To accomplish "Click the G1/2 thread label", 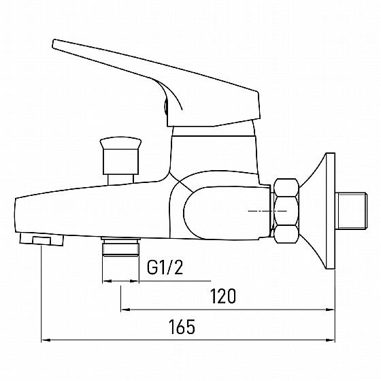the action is click(165, 267).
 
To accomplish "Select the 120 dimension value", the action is click(223, 296).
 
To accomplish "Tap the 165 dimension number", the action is click(182, 327).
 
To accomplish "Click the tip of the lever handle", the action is click(54, 44).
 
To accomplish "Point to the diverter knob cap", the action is click(120, 143).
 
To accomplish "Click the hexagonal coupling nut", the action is click(286, 211).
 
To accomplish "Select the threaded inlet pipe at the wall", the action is click(351, 211).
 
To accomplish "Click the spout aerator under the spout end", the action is click(42, 239).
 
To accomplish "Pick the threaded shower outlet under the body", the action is click(121, 247).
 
